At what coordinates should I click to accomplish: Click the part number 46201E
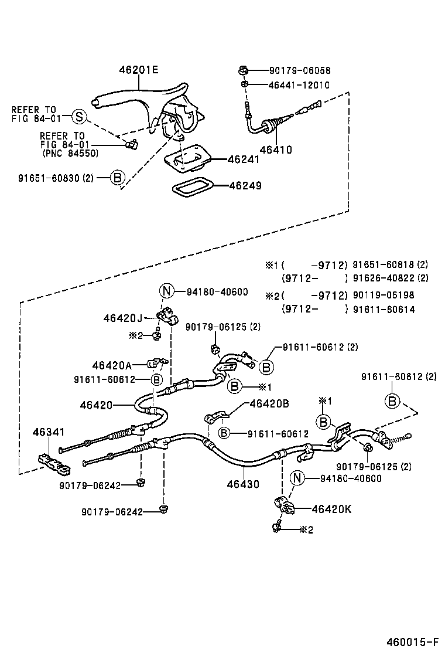pos(139,70)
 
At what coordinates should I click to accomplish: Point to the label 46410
pos(275,150)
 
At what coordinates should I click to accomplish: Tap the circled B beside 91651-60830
pos(117,178)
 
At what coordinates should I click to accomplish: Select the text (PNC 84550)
pos(70,154)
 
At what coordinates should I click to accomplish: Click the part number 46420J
pos(123,318)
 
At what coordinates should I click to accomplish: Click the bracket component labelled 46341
pos(54,463)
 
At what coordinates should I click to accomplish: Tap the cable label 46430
pos(244,484)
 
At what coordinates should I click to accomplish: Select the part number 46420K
pos(331,509)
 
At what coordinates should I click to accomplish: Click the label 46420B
pos(269,404)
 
